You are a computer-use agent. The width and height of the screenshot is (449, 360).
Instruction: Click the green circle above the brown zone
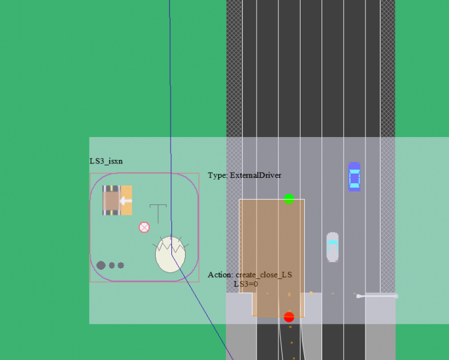(289, 199)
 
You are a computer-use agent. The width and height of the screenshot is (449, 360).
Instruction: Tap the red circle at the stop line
(289, 317)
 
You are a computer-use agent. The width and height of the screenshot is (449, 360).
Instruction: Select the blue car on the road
(354, 177)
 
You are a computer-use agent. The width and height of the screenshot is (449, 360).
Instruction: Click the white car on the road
(332, 247)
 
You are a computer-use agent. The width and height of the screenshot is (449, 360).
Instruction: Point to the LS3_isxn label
(106, 161)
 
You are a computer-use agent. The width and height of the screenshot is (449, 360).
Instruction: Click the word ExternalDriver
(255, 175)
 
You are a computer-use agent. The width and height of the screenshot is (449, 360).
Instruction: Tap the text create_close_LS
(264, 275)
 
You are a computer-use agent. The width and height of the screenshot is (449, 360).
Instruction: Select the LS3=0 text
(246, 284)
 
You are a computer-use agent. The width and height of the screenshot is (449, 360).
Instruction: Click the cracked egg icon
(170, 254)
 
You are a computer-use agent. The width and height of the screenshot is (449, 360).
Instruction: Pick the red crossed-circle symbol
(144, 227)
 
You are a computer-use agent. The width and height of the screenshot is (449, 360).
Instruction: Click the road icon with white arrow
(117, 200)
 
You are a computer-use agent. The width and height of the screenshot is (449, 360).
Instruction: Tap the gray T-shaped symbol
(158, 213)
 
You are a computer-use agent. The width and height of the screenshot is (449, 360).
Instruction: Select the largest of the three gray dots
(101, 266)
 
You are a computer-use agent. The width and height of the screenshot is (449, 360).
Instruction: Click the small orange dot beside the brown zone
(311, 293)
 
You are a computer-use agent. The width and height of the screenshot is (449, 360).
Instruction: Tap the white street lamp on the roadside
(377, 296)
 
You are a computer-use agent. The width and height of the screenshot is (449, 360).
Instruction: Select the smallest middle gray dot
(112, 266)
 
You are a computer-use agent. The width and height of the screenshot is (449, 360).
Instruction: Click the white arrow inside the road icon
(126, 201)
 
